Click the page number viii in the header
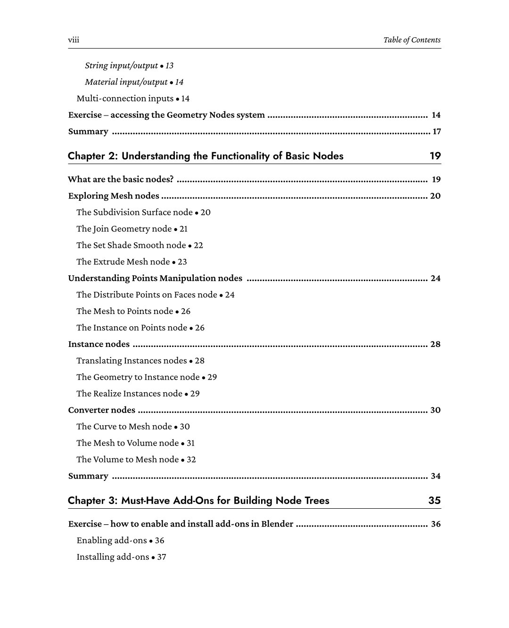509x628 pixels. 74,40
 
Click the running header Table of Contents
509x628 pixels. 411,40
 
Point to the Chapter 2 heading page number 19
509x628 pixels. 435,156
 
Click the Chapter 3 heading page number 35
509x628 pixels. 434,501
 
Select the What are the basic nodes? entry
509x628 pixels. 121,179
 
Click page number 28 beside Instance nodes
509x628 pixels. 435,344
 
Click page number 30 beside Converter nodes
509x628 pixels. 435,410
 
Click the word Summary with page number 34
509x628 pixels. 88,476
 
